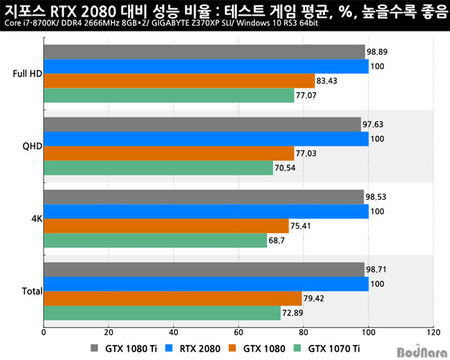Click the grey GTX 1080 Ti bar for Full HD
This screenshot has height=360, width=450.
(204, 52)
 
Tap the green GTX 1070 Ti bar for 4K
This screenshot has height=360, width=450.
(155, 241)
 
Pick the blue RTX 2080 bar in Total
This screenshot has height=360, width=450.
(206, 284)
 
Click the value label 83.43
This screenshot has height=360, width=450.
(328, 81)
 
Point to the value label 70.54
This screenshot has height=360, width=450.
(286, 168)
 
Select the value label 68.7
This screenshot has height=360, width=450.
(277, 241)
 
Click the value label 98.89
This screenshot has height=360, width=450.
(377, 52)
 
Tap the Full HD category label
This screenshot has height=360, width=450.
(27, 73)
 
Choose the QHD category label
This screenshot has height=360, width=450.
(32, 146)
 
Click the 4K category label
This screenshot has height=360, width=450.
(35, 219)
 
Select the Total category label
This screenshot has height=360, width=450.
(31, 291)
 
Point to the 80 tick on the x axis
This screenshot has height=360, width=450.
(303, 331)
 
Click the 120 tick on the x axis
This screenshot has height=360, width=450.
(433, 331)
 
